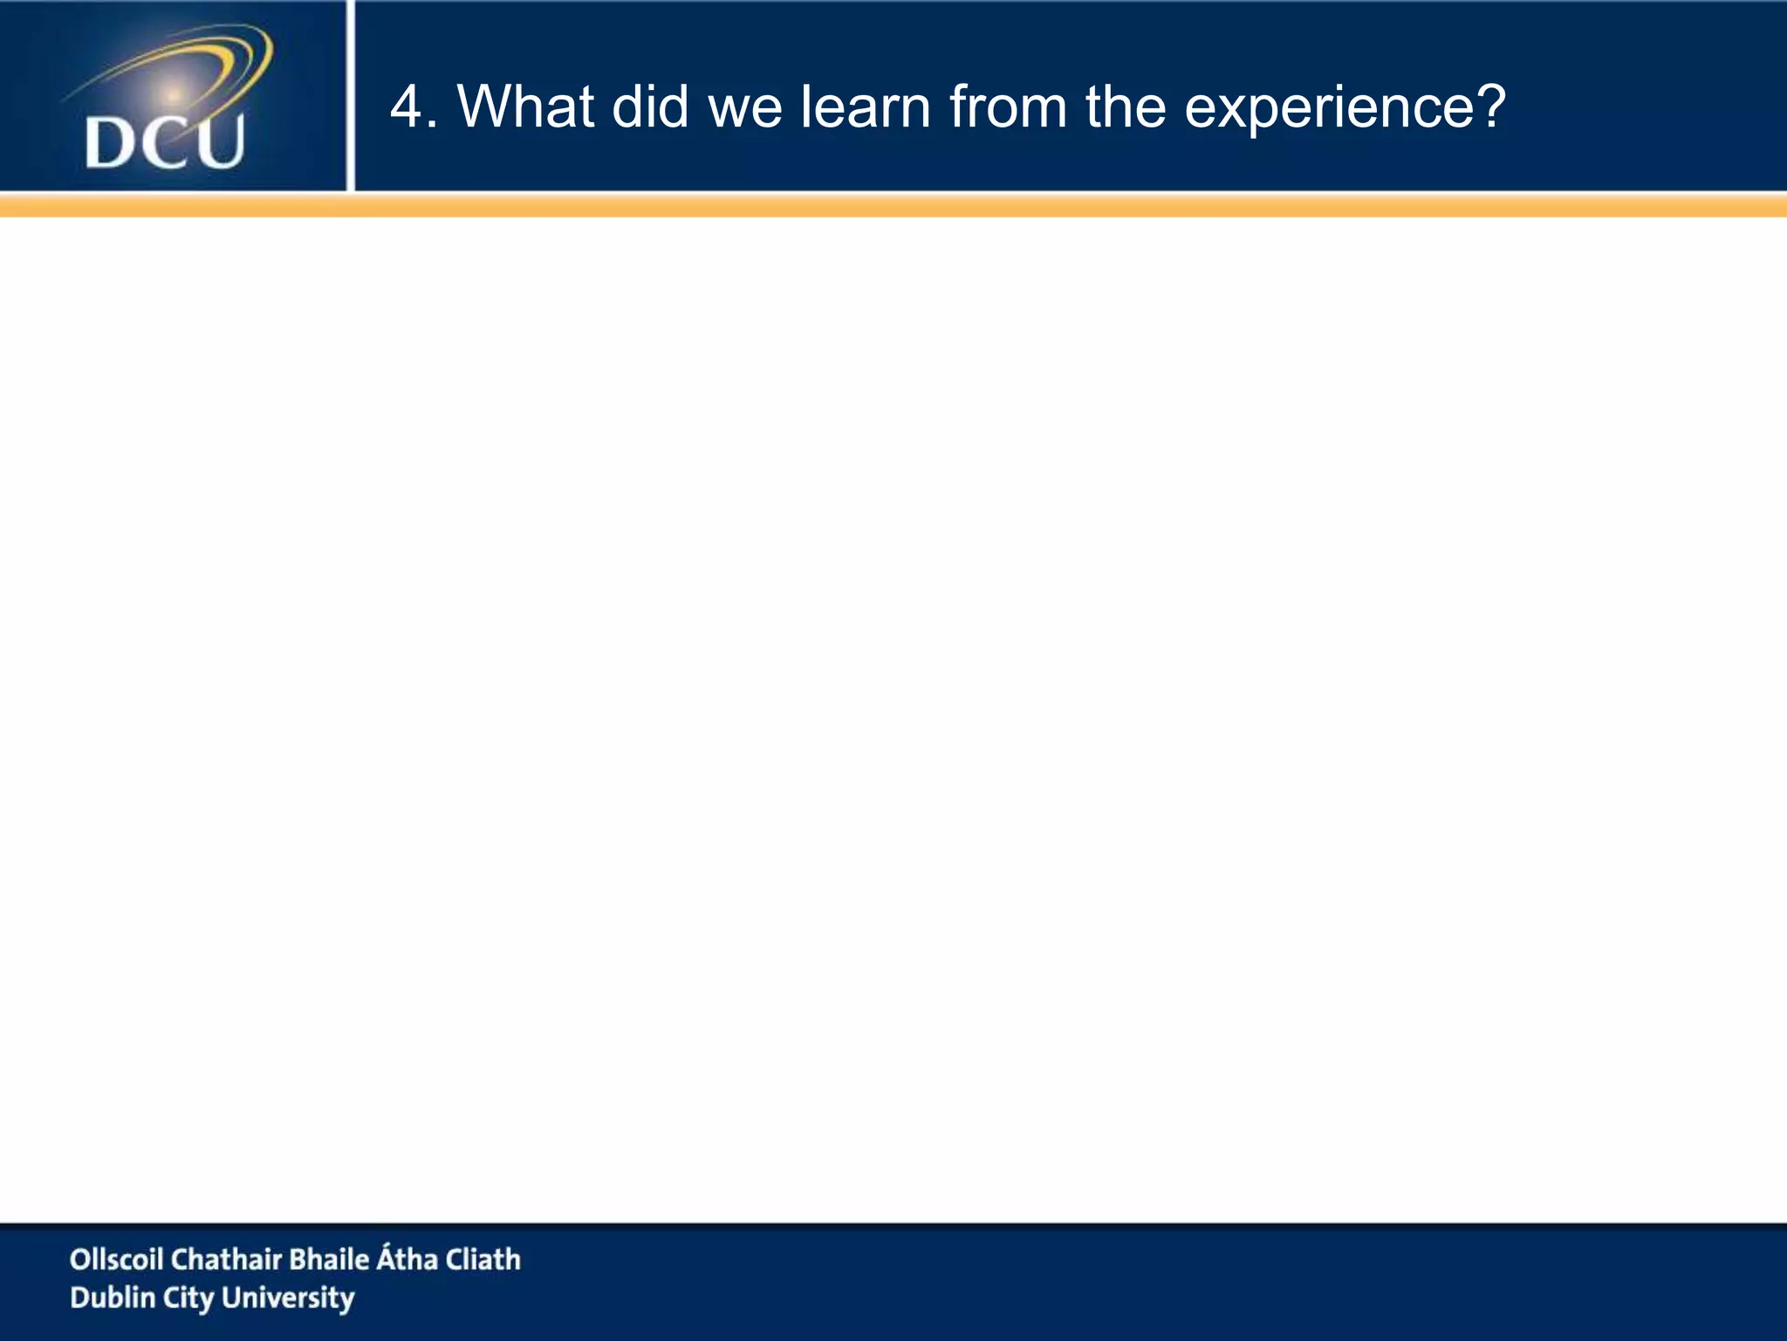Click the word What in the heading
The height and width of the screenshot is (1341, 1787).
coord(526,107)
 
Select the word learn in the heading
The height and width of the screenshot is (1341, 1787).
coord(865,107)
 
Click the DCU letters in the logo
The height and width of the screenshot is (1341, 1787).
coord(165,142)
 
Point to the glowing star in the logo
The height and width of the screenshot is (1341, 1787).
coord(173,93)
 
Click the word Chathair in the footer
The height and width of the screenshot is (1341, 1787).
coord(226,1259)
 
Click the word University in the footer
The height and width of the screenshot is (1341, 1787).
coord(288,1298)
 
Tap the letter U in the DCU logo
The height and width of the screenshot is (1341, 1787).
coord(218,141)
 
